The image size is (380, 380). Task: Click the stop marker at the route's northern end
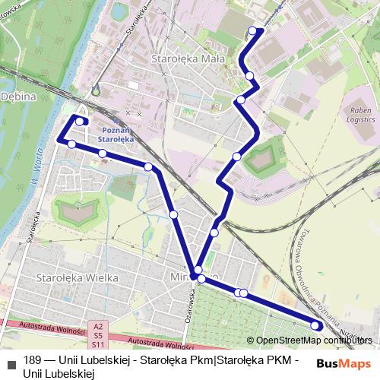252,31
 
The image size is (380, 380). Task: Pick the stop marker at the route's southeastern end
316,326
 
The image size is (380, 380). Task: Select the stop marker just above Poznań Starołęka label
80,122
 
